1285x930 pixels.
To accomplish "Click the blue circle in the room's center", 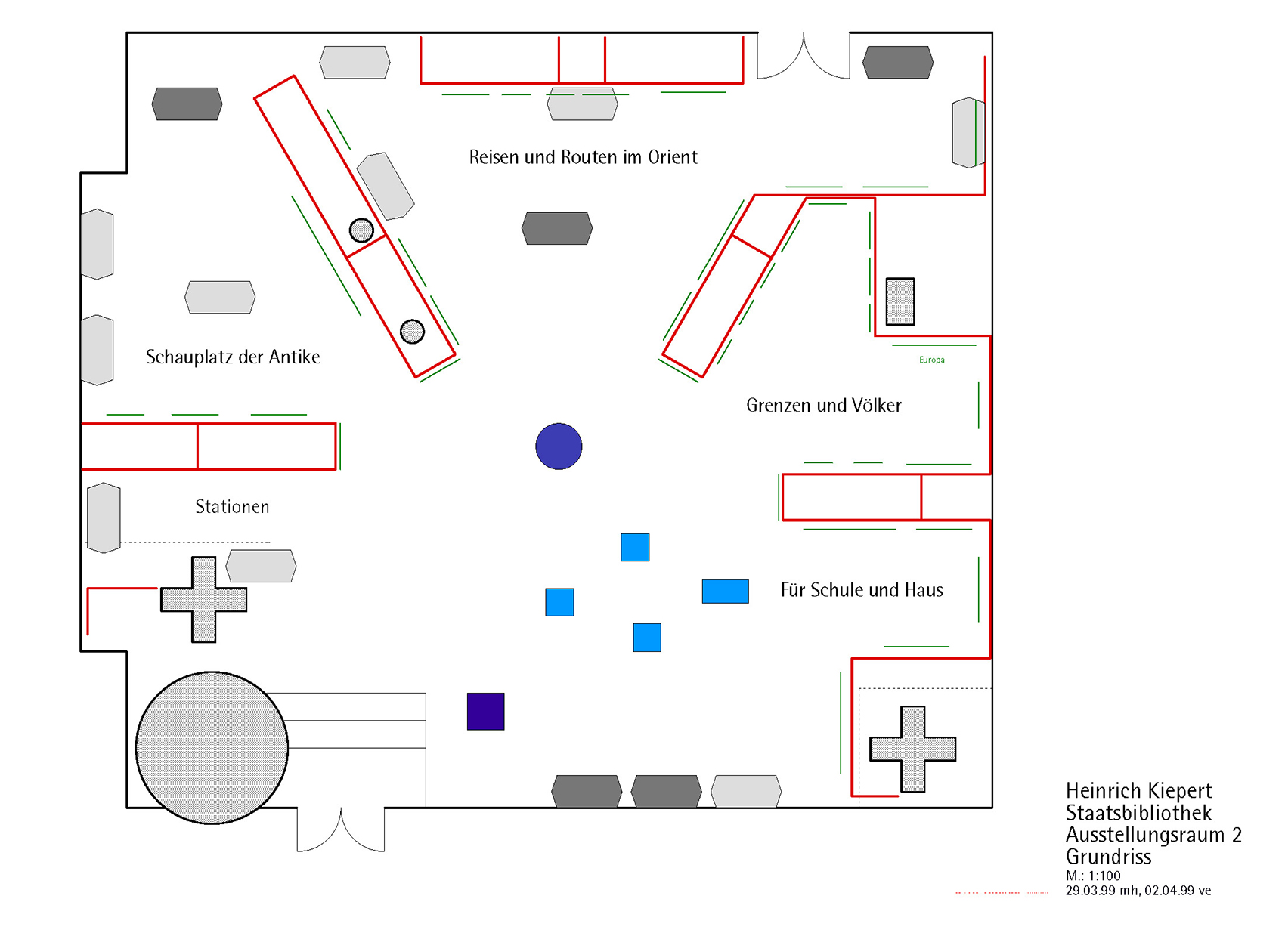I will tap(559, 446).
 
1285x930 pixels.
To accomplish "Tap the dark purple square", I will tap(485, 711).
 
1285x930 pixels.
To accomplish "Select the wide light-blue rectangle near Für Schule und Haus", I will tap(725, 591).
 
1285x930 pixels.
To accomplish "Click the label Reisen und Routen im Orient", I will tap(583, 157).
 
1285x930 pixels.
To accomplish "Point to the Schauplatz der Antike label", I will tap(233, 357).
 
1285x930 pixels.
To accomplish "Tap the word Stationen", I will tap(232, 507).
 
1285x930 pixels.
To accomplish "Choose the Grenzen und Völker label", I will tap(823, 406).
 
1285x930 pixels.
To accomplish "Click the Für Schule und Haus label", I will tap(862, 590).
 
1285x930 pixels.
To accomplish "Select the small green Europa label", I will tap(931, 360).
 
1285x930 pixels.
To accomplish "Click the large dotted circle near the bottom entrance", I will tap(212, 747).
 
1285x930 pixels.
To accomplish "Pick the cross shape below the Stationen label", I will tap(203, 600).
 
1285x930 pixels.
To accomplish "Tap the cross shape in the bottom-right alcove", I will tap(912, 749).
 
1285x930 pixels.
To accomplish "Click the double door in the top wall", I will tap(804, 57).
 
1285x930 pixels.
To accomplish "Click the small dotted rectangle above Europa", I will tap(899, 301).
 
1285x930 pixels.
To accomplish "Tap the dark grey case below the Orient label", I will tap(557, 228).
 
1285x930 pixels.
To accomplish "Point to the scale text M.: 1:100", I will tap(1093, 876).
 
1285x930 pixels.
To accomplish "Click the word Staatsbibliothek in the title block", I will tap(1138, 813).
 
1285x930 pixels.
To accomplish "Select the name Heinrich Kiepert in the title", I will tap(1138, 791).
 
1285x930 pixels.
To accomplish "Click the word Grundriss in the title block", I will tap(1108, 857).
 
